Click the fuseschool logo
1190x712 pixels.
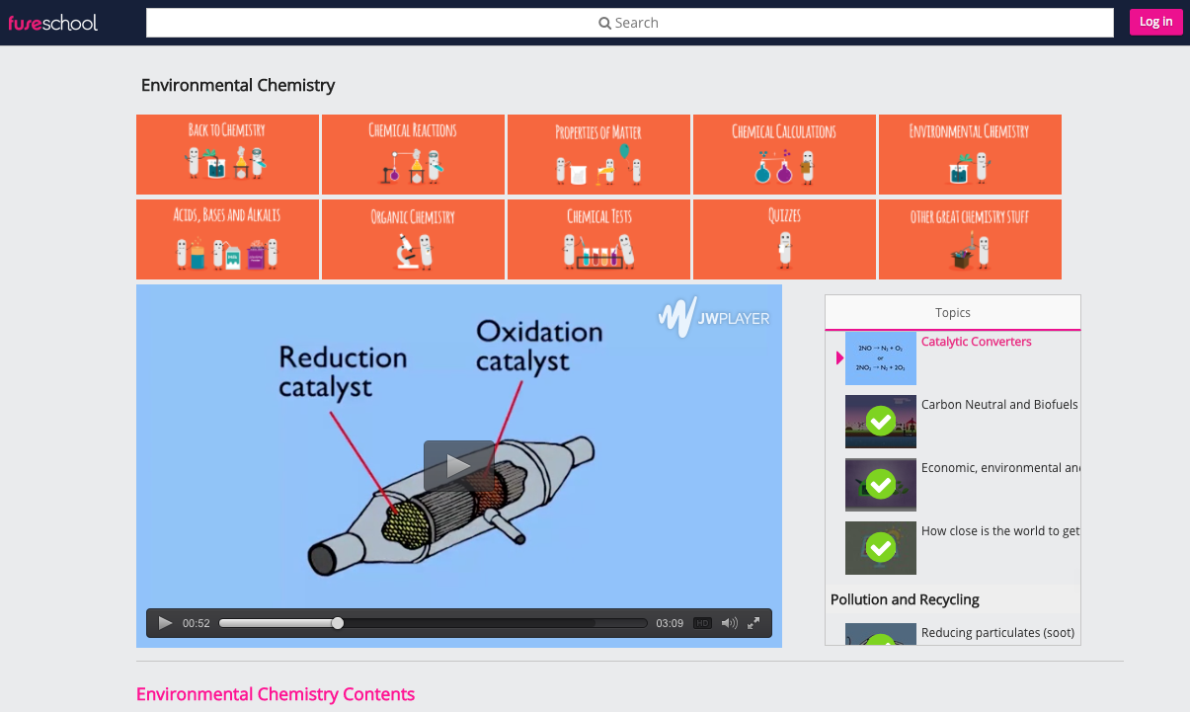53,22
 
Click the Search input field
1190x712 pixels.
629,23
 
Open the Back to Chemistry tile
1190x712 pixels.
227,154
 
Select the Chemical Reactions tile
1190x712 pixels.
413,154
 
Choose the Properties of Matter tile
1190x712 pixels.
598,154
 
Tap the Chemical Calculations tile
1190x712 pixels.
784,154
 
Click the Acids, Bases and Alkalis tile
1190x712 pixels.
227,239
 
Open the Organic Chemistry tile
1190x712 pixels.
413,239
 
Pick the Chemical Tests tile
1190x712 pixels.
598,239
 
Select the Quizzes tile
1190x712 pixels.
784,239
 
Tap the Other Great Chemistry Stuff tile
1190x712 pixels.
970,239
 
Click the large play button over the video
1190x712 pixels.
458,465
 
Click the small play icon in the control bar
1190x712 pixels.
165,623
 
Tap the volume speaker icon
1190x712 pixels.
729,623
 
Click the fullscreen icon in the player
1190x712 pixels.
754,623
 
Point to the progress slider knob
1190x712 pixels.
338,623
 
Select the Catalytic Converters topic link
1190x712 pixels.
976,342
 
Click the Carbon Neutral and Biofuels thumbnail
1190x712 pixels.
880,422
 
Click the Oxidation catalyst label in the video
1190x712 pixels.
538,346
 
